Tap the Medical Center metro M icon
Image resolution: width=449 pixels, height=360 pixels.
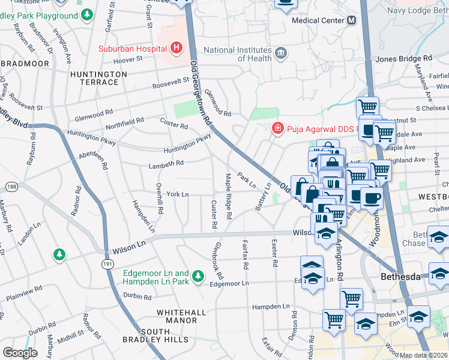click(x=351, y=20)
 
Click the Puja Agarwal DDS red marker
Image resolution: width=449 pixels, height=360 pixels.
click(x=277, y=128)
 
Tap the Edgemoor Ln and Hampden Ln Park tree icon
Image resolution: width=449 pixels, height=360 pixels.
click(x=197, y=277)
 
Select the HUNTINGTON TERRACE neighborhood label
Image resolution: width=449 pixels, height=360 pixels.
click(x=98, y=79)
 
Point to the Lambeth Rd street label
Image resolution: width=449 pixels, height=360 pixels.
click(x=166, y=163)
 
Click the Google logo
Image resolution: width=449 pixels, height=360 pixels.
click(x=19, y=353)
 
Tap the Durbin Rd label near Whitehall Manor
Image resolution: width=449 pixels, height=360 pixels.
click(x=137, y=296)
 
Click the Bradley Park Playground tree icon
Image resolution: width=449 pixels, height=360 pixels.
click(x=88, y=14)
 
